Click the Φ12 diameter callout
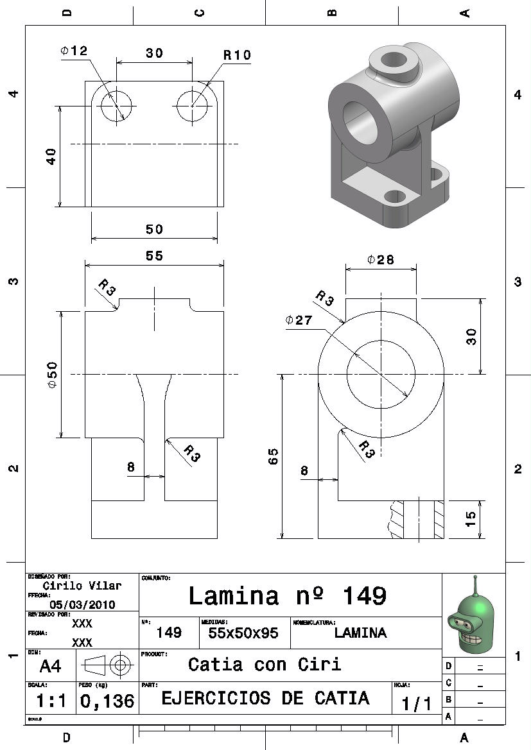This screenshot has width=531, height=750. (74, 51)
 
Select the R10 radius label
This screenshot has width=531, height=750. (237, 55)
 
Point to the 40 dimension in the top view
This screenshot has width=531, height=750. (51, 156)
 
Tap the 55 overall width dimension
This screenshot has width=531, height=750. (154, 255)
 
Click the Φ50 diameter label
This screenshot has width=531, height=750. (52, 374)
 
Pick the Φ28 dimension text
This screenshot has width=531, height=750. (380, 259)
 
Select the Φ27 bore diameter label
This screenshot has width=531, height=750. (299, 320)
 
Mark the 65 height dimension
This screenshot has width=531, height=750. (274, 456)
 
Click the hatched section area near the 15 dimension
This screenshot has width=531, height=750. (439, 518)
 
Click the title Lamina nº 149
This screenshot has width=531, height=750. (287, 596)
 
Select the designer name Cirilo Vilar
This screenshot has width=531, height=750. (82, 586)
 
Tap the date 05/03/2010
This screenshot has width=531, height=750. (82, 604)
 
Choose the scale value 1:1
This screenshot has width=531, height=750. (50, 701)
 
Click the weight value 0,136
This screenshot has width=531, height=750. (107, 701)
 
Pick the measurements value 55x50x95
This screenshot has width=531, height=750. (243, 633)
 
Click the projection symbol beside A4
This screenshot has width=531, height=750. (107, 665)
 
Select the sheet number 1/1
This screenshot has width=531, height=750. (417, 704)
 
